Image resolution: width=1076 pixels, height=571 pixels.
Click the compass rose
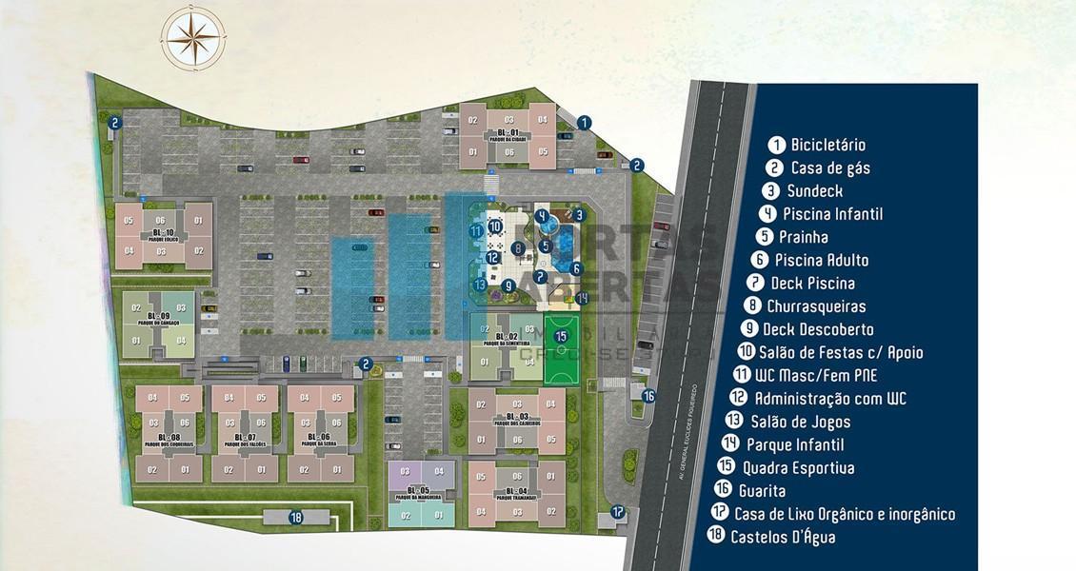[193, 38]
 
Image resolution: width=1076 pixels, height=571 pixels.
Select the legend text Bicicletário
[827, 145]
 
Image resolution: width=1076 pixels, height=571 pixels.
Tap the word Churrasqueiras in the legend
[816, 305]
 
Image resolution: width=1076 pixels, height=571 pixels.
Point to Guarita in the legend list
[762, 490]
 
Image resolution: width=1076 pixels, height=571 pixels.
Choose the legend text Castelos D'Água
[783, 537]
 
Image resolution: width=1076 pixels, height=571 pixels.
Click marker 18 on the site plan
[296, 518]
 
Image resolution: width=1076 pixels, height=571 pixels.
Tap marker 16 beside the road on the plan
[648, 396]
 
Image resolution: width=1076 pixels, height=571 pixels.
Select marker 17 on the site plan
[618, 512]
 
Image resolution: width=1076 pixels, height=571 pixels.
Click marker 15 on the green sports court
[562, 335]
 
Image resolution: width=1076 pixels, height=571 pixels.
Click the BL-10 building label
[163, 234]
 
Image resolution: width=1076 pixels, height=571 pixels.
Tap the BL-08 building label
[169, 438]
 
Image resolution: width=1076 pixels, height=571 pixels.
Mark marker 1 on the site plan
[584, 122]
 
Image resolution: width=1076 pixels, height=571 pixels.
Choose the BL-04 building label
[517, 492]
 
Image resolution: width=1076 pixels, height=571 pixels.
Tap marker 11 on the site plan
[475, 230]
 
